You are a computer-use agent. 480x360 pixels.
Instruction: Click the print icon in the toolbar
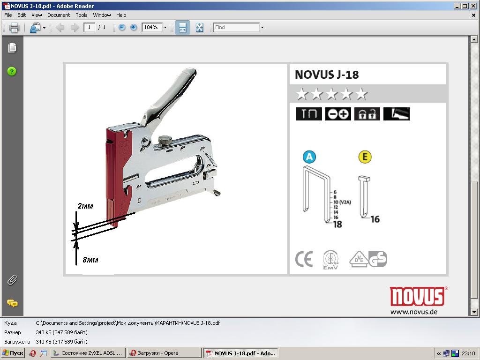point(14,28)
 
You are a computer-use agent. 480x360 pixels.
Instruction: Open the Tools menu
point(82,15)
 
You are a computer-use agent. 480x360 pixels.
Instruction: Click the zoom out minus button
point(122,28)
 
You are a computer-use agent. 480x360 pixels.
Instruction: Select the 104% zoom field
point(152,28)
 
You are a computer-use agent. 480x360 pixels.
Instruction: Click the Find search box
point(237,28)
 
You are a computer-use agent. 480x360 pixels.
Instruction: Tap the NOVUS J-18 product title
point(327,75)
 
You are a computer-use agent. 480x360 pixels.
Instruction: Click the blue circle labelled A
point(309,157)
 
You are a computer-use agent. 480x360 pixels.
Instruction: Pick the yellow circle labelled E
point(365,157)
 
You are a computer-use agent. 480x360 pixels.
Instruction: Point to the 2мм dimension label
point(85,206)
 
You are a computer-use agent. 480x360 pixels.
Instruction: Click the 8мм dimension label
point(90,260)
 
